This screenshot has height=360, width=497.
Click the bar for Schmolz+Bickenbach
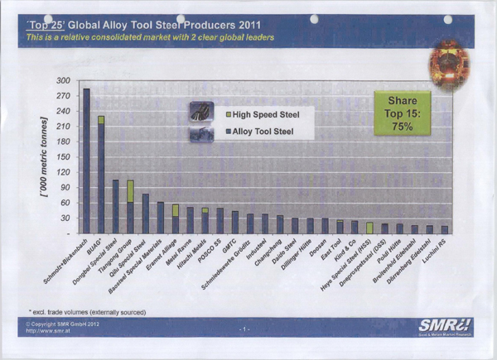[86, 161]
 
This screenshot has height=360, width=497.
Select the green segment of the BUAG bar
[101, 120]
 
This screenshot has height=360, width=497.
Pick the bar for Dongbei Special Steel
[115, 207]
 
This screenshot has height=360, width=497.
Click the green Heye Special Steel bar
[369, 228]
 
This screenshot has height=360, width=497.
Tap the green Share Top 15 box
[402, 113]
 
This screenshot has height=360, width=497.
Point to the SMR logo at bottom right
[445, 328]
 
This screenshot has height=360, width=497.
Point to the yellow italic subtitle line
[150, 38]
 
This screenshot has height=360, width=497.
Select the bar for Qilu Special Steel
[145, 214]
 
